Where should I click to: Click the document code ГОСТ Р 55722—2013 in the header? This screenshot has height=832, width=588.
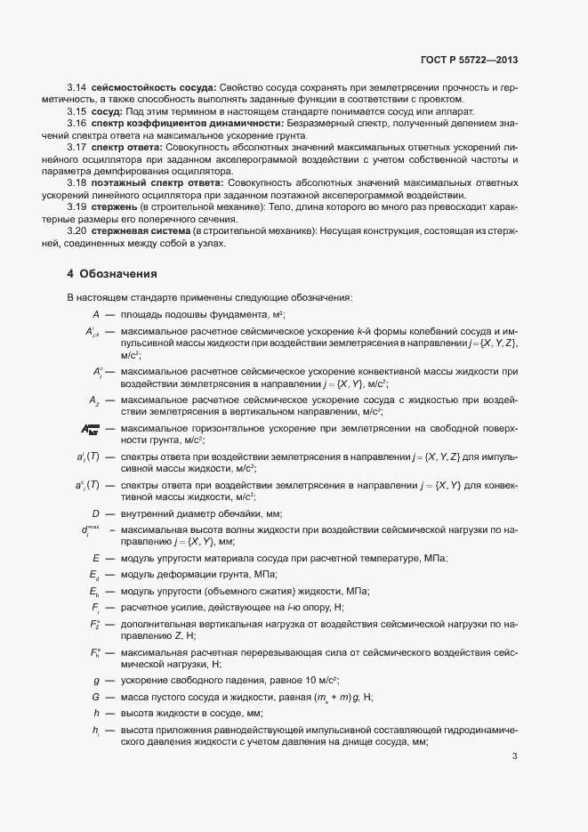[x=469, y=61]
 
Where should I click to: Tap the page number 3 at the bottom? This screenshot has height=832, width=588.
[x=515, y=757]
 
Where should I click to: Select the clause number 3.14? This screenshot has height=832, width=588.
[x=77, y=87]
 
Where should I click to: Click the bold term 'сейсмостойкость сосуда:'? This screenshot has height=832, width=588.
[x=153, y=87]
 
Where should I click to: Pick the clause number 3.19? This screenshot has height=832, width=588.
[x=77, y=206]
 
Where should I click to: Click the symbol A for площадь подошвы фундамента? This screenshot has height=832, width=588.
[x=95, y=314]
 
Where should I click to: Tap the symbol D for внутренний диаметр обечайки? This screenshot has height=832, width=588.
[x=95, y=513]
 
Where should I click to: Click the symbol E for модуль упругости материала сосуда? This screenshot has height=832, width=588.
[x=95, y=557]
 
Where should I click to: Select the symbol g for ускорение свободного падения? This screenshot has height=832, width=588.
[x=95, y=680]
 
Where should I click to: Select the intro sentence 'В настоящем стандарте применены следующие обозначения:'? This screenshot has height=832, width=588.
[x=209, y=297]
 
